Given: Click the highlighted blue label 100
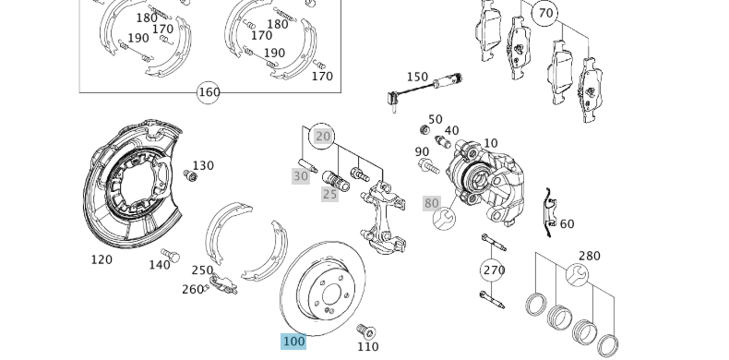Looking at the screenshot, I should [293, 342].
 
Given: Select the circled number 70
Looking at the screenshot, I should [546, 13].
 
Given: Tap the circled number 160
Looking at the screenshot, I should [209, 92].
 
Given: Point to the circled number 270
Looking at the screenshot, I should [494, 270].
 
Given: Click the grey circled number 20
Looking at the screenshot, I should [322, 137].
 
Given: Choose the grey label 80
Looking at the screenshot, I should [432, 203].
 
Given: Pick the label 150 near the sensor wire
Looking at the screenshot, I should [417, 78].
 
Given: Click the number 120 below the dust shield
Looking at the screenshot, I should [102, 259].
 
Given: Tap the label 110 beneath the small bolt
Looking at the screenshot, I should [367, 347].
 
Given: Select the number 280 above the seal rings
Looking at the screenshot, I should [589, 256].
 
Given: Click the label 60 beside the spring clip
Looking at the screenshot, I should [567, 224].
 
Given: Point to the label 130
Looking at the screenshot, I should [203, 166].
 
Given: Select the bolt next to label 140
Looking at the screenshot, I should [170, 256].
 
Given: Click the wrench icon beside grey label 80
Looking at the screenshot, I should [444, 220].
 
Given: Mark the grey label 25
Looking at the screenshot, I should [330, 194].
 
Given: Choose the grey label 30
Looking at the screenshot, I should [301, 176].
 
